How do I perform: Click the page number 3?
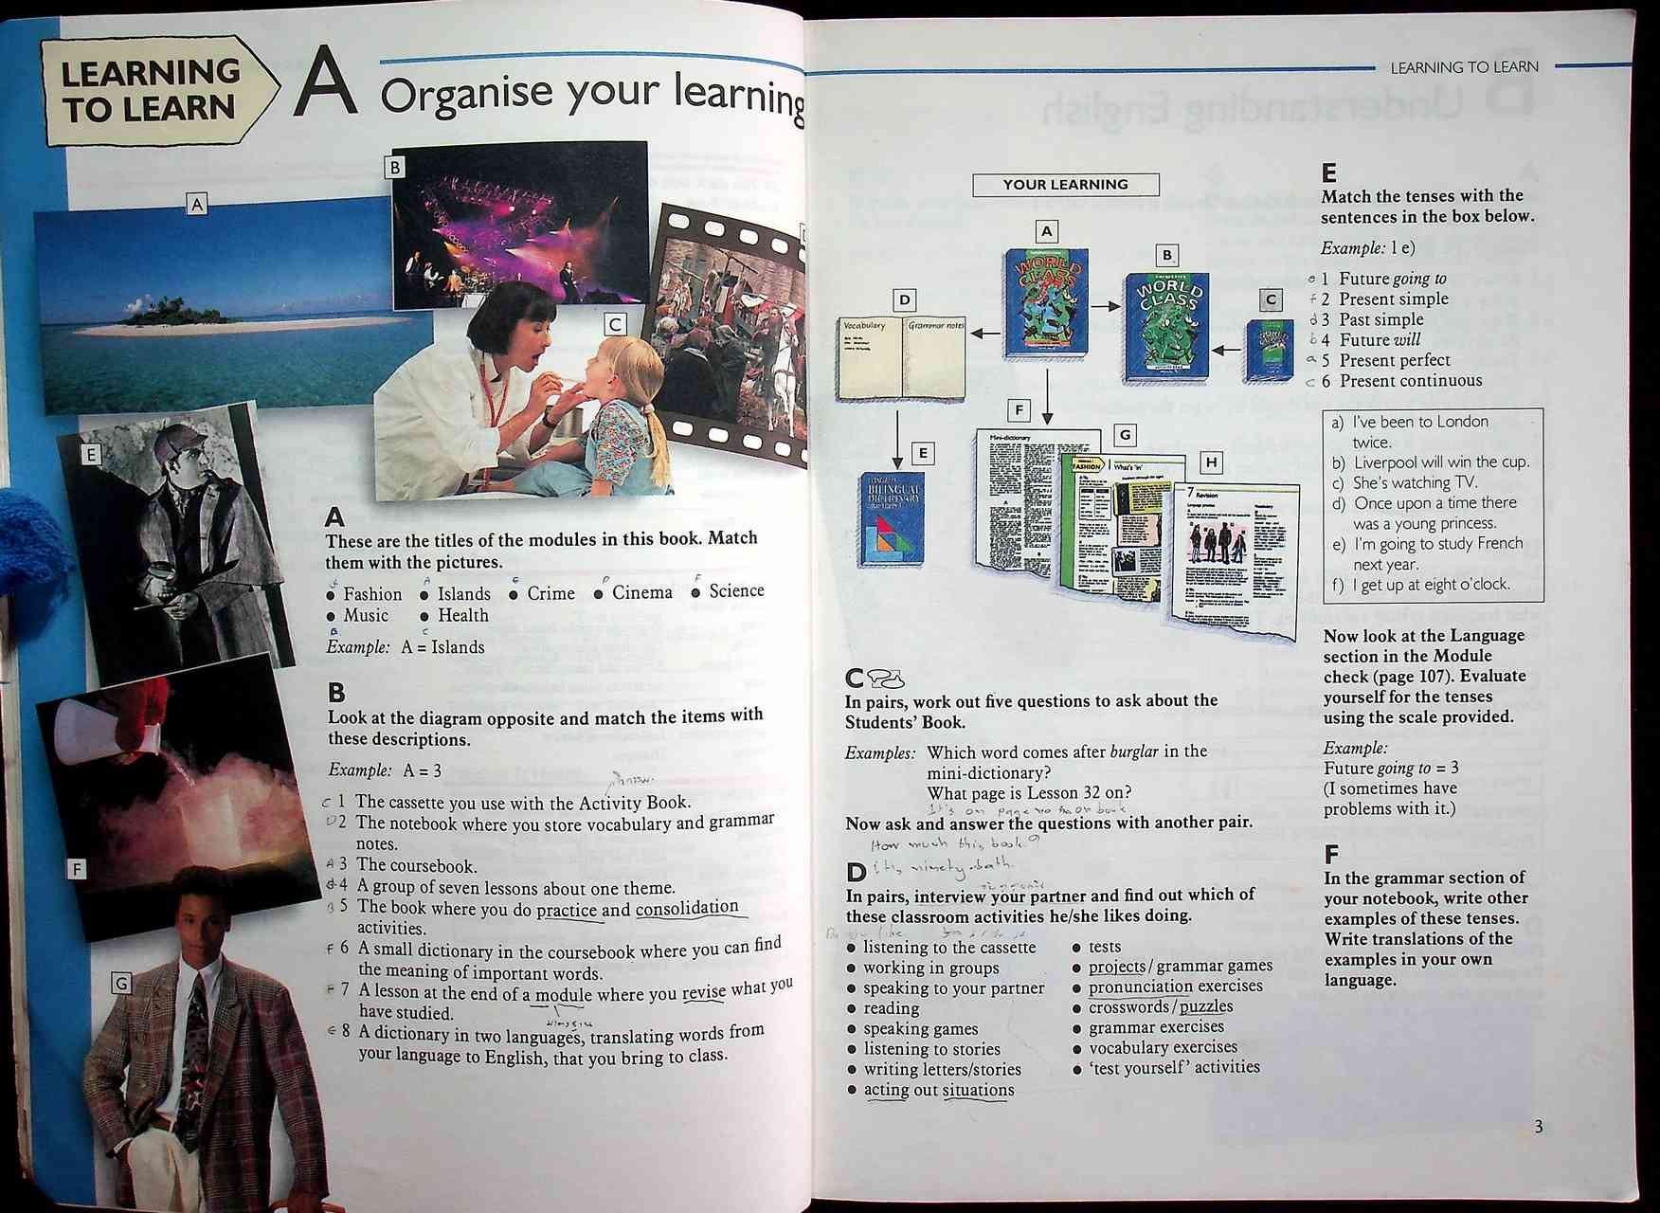click(1538, 1126)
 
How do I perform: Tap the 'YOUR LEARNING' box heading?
click(1065, 185)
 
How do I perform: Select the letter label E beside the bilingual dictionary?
click(922, 453)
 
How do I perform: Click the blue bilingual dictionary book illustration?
click(891, 519)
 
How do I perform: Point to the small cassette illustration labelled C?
click(1269, 351)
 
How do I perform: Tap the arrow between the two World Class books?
click(1105, 306)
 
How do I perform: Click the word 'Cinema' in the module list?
click(641, 592)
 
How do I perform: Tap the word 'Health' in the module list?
click(462, 616)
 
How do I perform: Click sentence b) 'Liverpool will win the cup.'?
click(1440, 462)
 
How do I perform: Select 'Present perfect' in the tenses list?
click(1394, 360)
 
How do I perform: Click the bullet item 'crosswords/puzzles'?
click(1161, 1006)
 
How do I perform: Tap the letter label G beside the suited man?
click(121, 984)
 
